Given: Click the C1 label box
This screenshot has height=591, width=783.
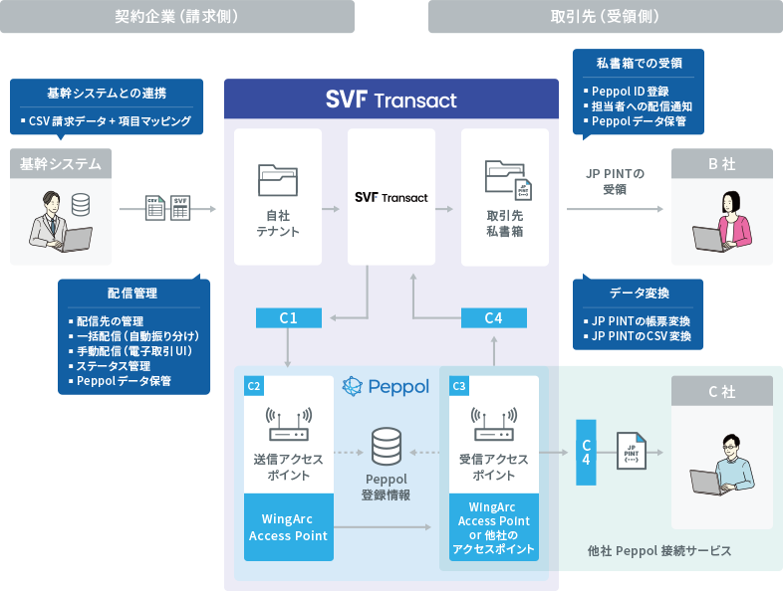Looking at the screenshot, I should tap(289, 317).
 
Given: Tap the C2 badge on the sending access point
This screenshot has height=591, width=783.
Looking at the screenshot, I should tap(254, 386).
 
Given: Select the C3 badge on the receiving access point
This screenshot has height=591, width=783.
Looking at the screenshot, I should tap(459, 386).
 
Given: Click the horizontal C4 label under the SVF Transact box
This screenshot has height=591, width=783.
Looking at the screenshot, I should tap(493, 317).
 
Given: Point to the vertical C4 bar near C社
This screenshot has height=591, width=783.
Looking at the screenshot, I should tap(587, 452).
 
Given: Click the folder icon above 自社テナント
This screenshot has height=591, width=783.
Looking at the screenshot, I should tap(278, 179).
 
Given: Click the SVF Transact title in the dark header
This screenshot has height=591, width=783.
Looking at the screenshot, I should tap(391, 100).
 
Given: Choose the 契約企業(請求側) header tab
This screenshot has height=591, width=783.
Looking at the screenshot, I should tap(177, 16).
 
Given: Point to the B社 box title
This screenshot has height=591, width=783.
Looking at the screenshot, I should tap(721, 163).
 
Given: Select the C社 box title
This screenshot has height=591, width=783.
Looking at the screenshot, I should tap(721, 392).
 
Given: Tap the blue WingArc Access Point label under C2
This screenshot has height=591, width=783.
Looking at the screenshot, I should tap(288, 527).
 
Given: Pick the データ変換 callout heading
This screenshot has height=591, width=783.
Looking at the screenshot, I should tap(639, 294).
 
